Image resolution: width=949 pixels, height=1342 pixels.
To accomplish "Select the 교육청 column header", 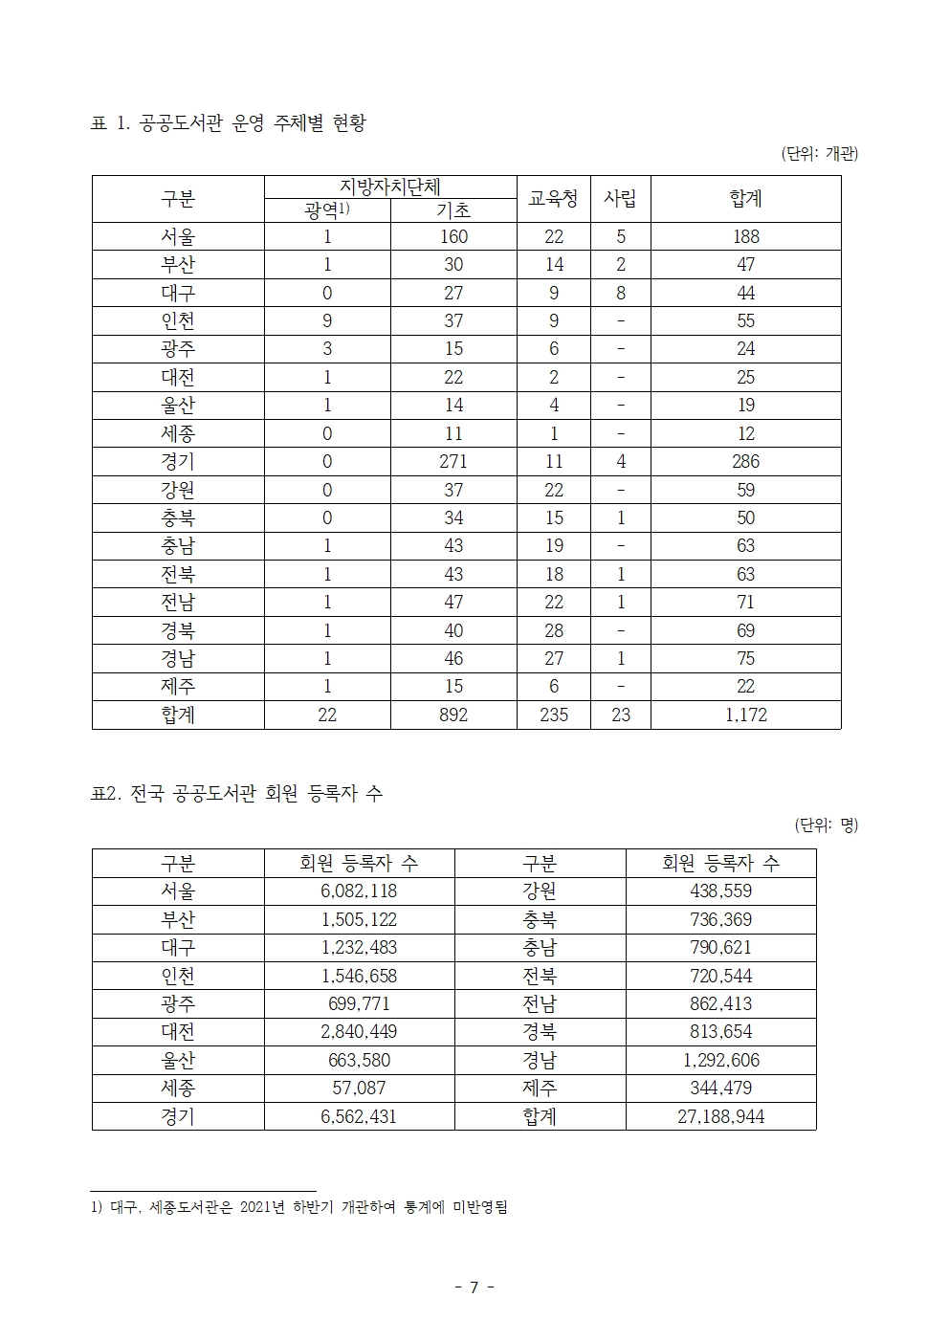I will click(x=553, y=198).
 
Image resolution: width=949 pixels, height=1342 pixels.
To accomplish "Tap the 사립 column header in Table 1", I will click(x=620, y=198).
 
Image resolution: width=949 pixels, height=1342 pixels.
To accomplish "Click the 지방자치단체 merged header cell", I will click(x=390, y=187).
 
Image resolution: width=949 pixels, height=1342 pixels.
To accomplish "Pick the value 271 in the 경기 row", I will click(x=453, y=462).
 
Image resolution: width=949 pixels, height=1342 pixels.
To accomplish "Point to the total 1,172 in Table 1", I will click(x=745, y=715).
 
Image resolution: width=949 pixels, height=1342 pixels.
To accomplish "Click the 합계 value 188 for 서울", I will click(x=745, y=237).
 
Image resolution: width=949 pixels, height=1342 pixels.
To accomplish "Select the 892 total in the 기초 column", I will click(x=453, y=715).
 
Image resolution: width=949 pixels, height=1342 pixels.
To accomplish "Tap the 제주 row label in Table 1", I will click(x=178, y=687).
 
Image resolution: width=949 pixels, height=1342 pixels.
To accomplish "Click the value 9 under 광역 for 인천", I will click(x=327, y=321).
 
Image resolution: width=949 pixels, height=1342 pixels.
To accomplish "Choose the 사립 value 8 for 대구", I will click(x=620, y=294).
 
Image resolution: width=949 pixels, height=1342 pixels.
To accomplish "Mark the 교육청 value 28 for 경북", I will click(x=553, y=630).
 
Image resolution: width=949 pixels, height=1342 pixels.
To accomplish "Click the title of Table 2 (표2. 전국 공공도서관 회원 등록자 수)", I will click(x=236, y=793).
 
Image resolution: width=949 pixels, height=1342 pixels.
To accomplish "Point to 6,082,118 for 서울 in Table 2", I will click(x=359, y=891).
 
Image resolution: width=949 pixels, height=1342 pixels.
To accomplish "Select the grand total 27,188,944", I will click(x=720, y=1116).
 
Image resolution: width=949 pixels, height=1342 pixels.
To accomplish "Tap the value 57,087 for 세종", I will click(x=359, y=1089).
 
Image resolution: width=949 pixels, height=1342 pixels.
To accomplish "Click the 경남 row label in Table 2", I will click(x=540, y=1061).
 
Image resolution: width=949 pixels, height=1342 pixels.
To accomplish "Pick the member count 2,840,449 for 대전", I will click(x=359, y=1032).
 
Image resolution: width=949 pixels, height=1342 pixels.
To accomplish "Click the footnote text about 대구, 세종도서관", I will click(x=298, y=1207).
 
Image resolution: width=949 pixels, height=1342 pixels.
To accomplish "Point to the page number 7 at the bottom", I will click(x=474, y=1287).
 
